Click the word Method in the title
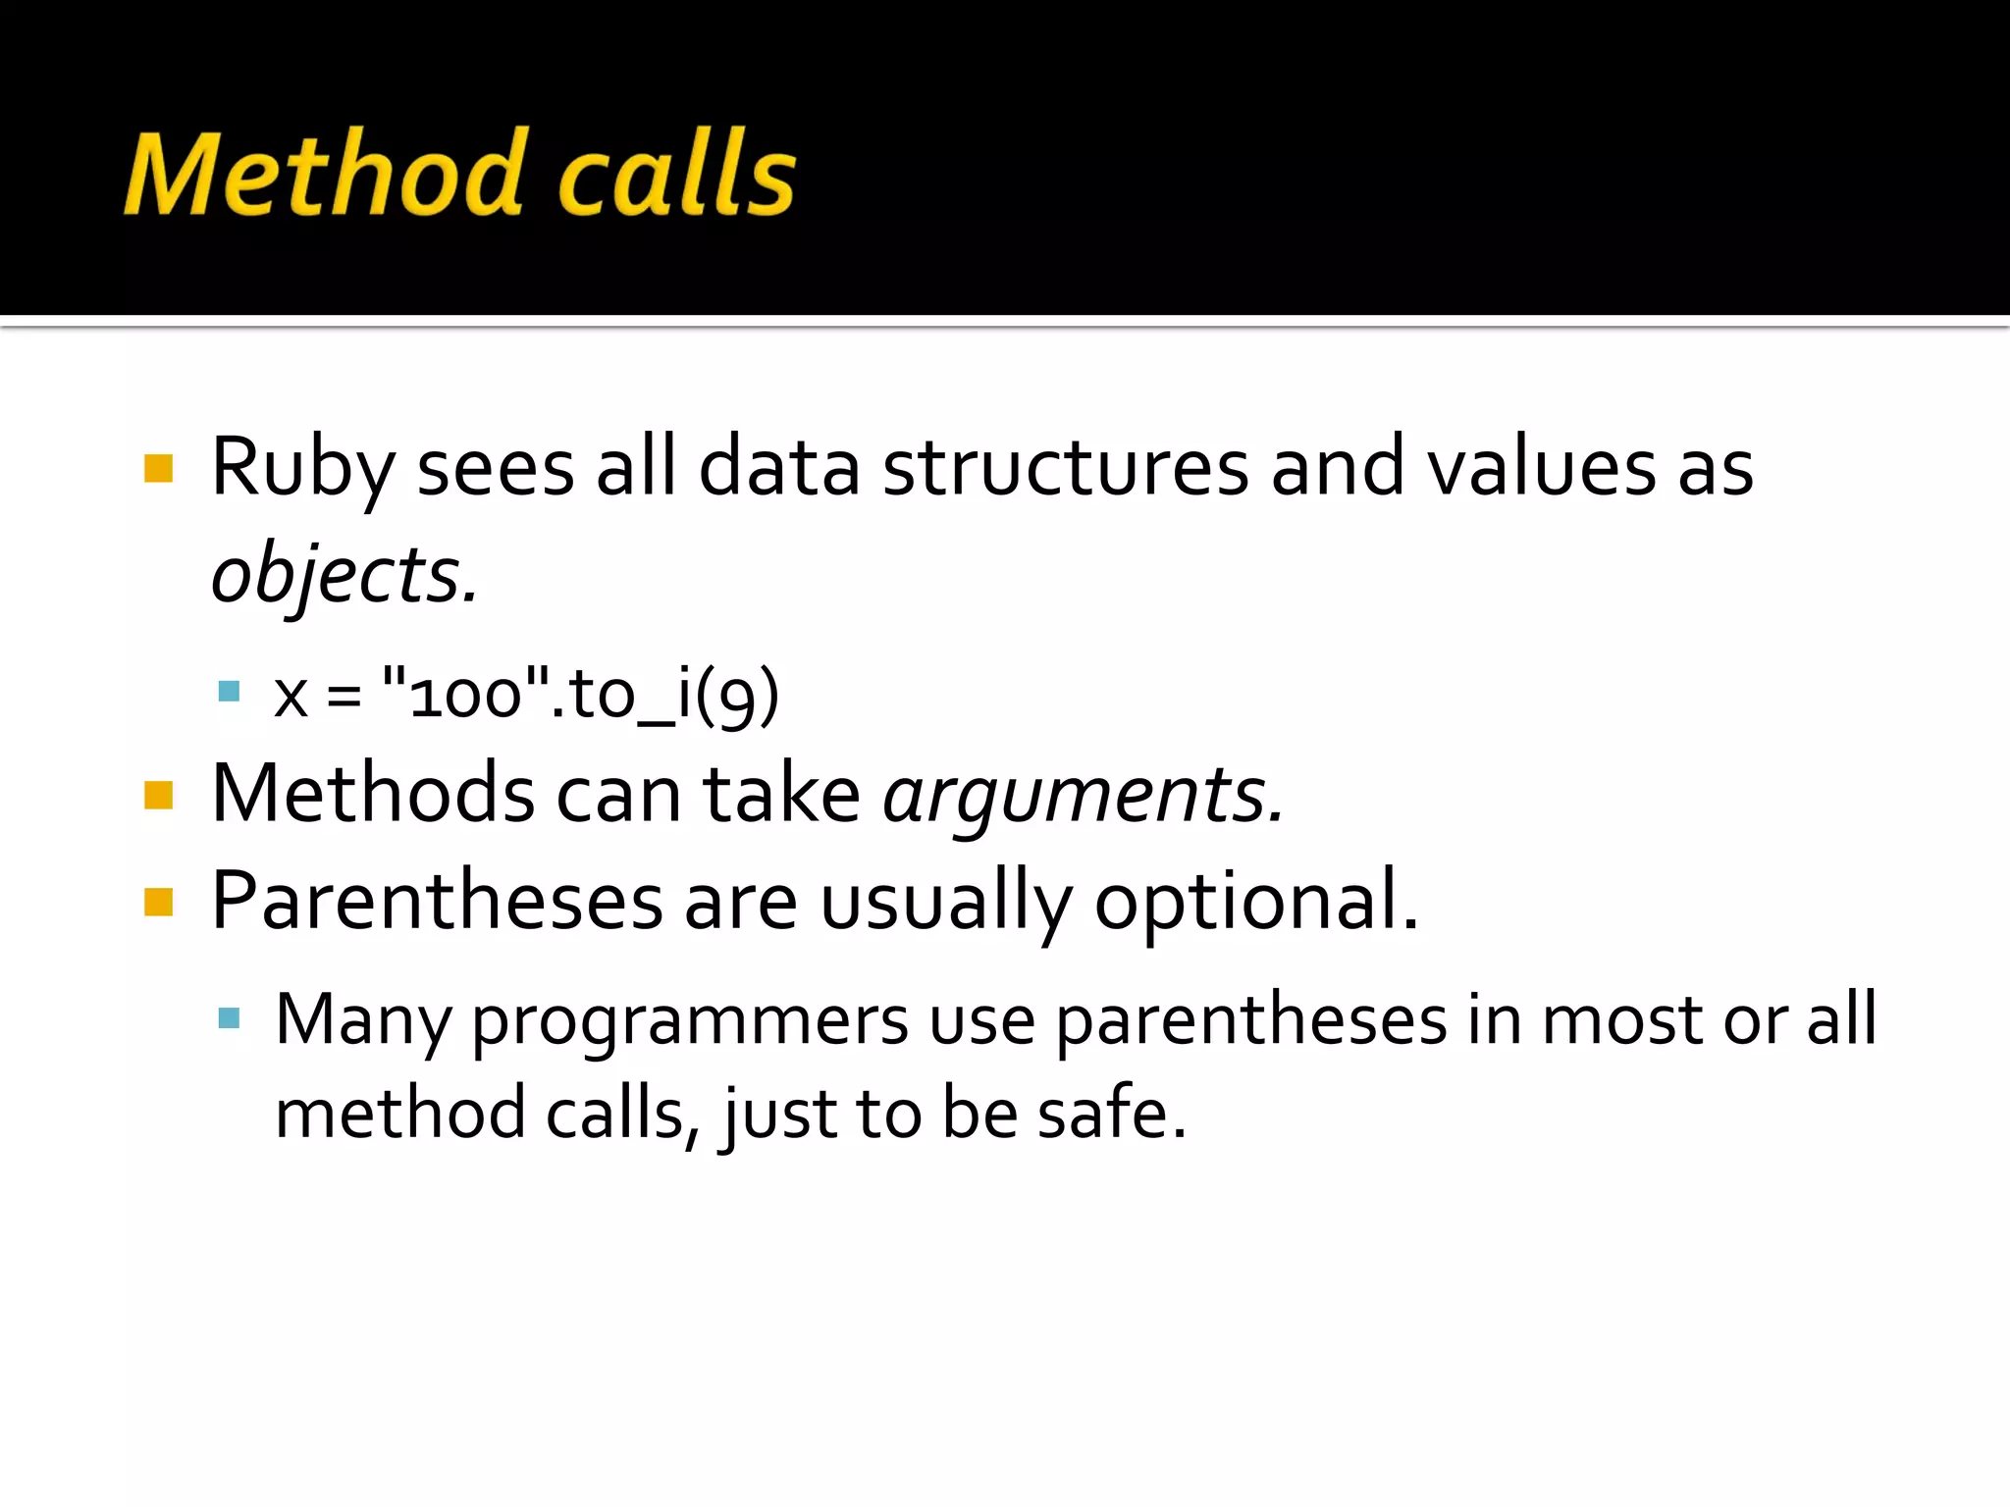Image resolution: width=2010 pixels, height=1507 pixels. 324,175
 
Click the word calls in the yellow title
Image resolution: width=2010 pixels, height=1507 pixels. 677,175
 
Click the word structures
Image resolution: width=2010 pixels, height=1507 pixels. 1065,469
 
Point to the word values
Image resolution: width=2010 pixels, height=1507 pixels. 1541,469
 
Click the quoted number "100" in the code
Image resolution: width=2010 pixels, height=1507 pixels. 465,695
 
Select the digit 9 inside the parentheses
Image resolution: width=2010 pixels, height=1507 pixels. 736,697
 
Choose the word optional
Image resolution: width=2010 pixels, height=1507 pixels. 1256,903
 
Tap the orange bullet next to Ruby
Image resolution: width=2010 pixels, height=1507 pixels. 158,469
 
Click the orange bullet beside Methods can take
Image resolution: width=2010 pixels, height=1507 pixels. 158,795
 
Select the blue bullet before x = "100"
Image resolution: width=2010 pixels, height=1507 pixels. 229,692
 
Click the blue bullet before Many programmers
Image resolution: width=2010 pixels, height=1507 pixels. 229,1017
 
